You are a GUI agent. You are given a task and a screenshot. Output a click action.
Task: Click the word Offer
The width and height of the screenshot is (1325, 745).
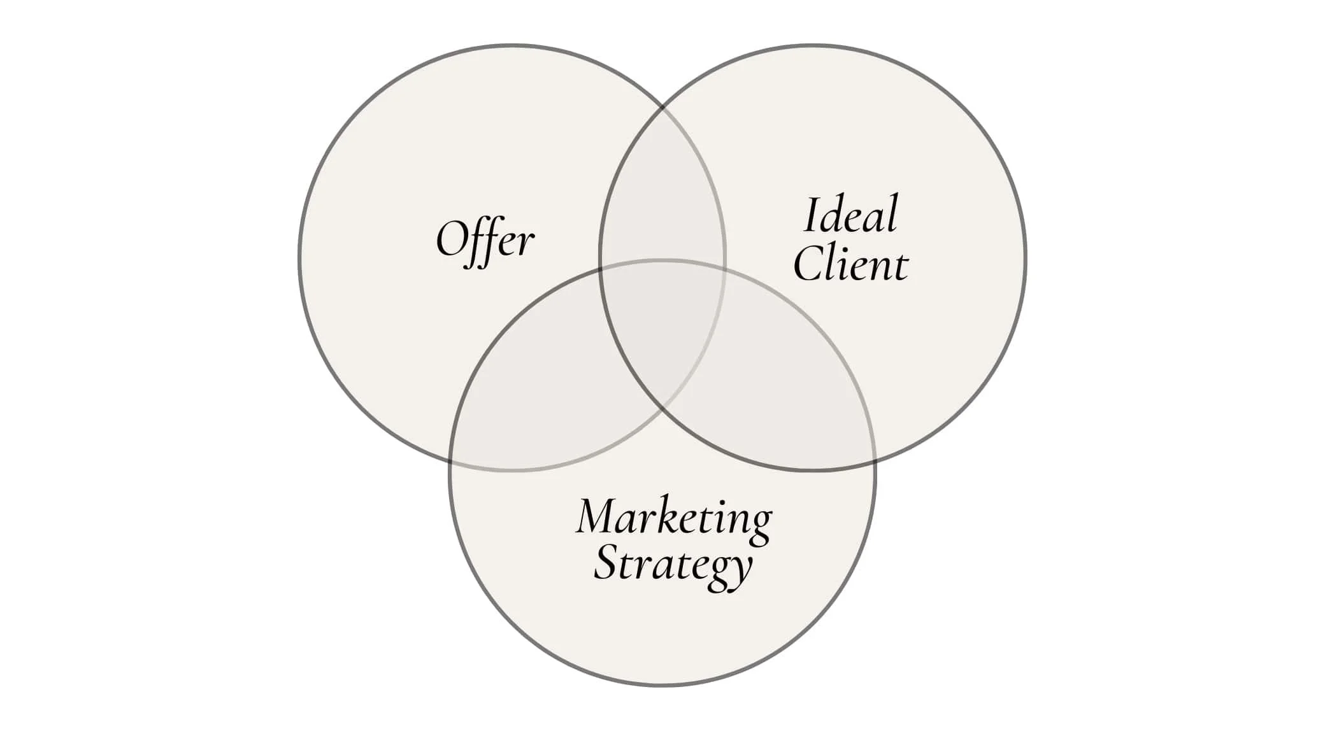485,241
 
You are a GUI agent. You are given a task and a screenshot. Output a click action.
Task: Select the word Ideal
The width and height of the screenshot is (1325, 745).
850,215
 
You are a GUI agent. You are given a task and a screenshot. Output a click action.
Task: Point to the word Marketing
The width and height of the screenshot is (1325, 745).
674,517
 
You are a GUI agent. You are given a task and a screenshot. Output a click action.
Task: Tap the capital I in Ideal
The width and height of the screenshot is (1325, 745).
811,215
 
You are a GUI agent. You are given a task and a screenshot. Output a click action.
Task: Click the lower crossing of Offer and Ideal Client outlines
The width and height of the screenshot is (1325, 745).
662,408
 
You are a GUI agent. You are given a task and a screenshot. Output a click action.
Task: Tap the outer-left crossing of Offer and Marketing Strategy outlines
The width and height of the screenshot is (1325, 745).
451,460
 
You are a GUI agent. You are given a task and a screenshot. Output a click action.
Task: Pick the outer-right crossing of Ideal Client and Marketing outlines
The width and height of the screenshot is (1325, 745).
874,460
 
